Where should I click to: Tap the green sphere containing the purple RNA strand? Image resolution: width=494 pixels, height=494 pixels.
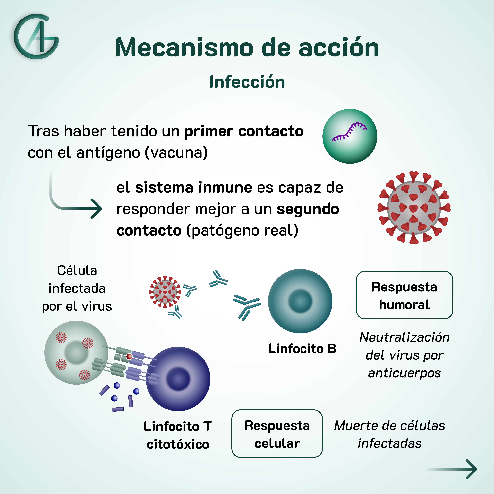[350, 136]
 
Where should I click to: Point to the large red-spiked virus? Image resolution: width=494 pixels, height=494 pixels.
[413, 208]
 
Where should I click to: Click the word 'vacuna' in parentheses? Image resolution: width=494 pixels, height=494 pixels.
[176, 153]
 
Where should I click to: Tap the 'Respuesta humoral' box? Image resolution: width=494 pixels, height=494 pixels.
[404, 295]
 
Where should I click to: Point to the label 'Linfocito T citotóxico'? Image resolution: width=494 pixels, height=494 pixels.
[178, 435]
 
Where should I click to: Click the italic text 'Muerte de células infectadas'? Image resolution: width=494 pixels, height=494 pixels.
[389, 434]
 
